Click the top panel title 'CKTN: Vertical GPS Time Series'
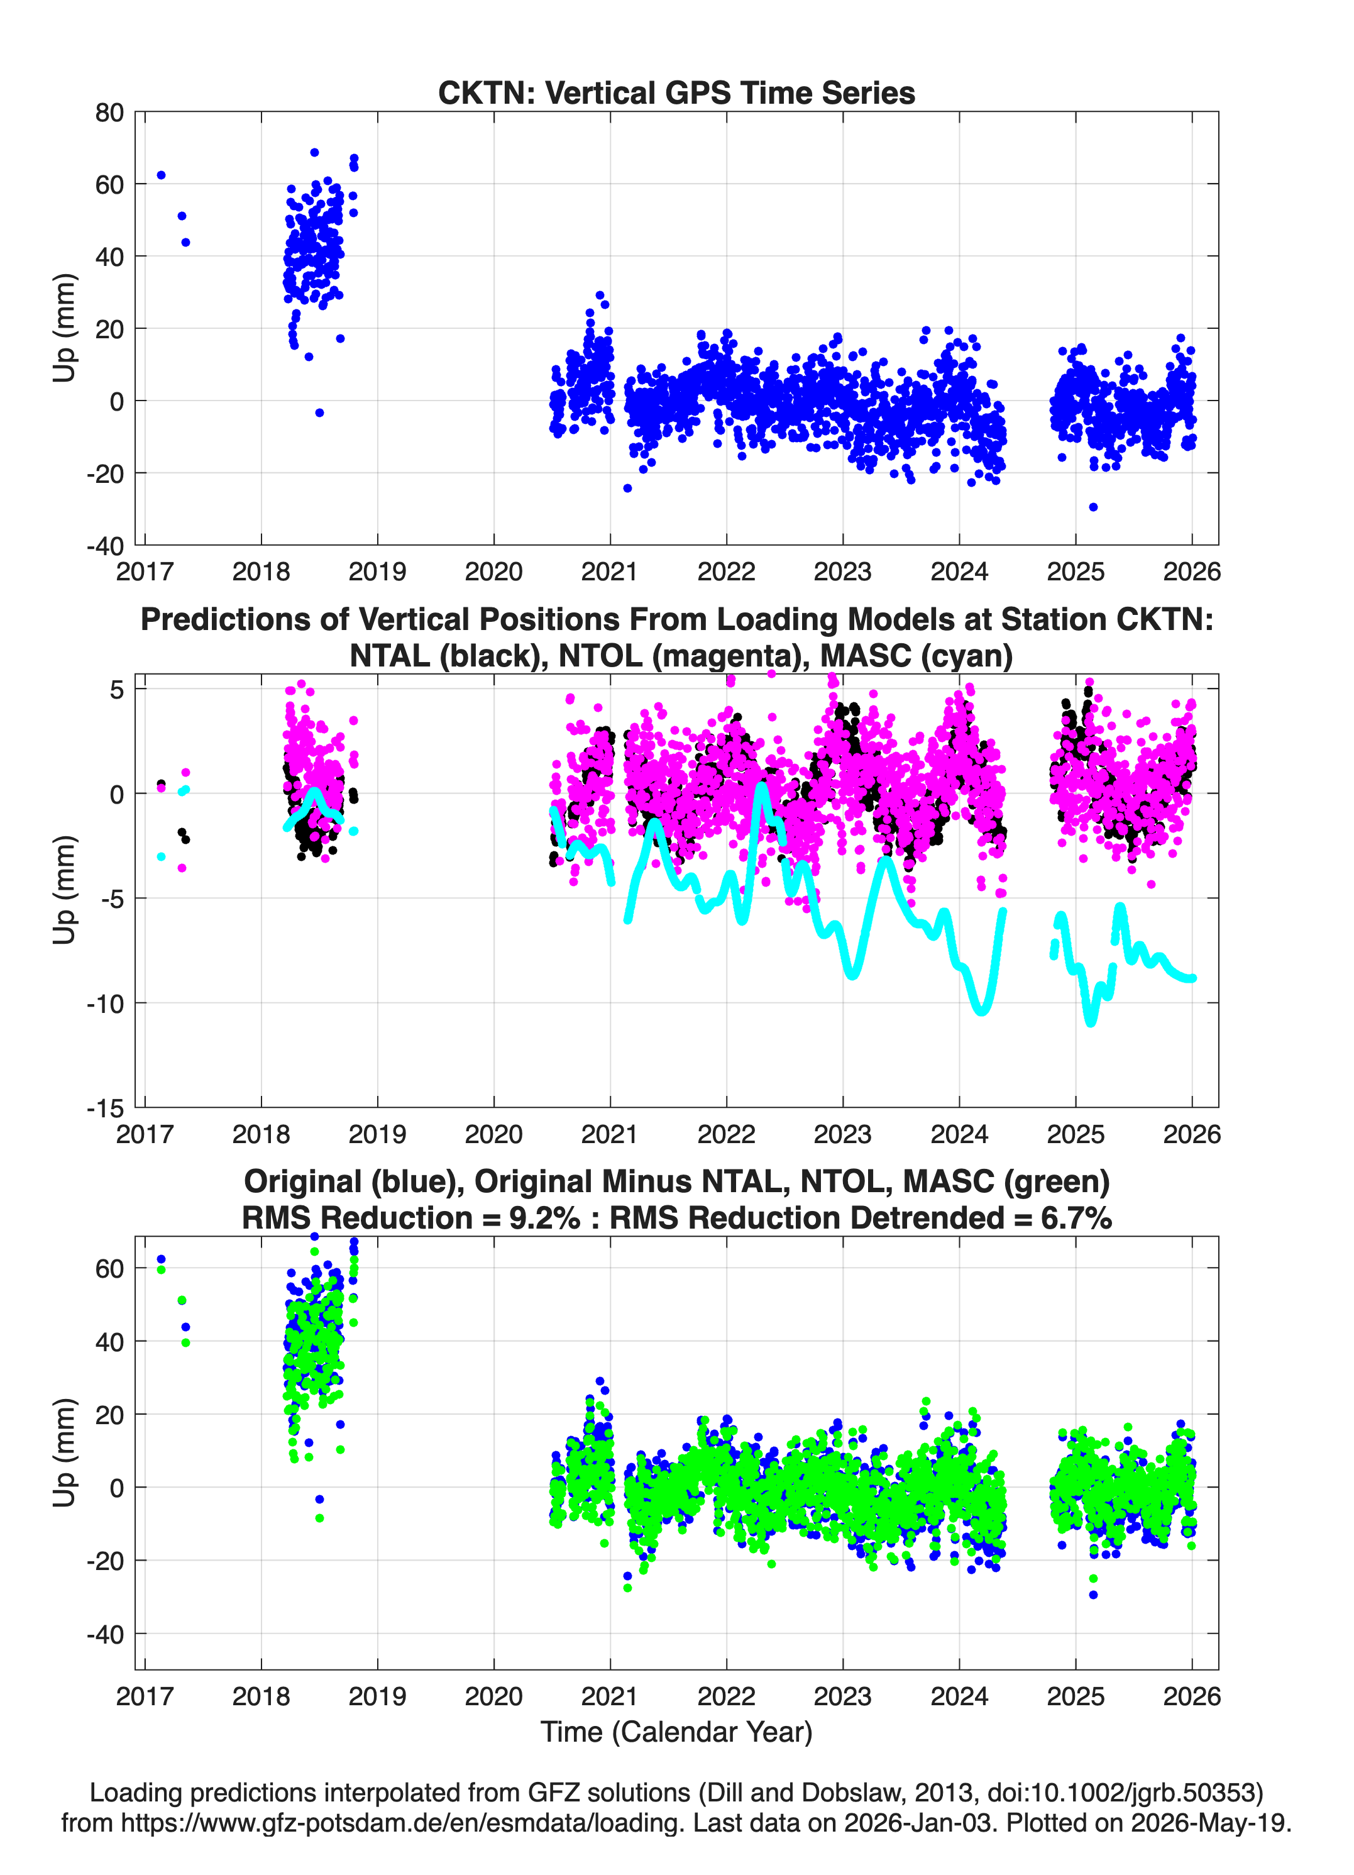click(676, 92)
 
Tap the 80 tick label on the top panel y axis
click(109, 113)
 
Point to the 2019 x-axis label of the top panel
click(378, 572)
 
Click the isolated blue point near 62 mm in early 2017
click(161, 175)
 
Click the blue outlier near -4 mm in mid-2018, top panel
click(320, 412)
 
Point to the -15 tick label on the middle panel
click(106, 1108)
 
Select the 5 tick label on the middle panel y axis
click(116, 690)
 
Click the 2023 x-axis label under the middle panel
click(843, 1134)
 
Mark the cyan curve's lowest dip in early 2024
click(982, 1010)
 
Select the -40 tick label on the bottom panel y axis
click(106, 1634)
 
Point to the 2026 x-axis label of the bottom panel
click(1192, 1696)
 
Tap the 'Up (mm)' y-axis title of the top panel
click(65, 328)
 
